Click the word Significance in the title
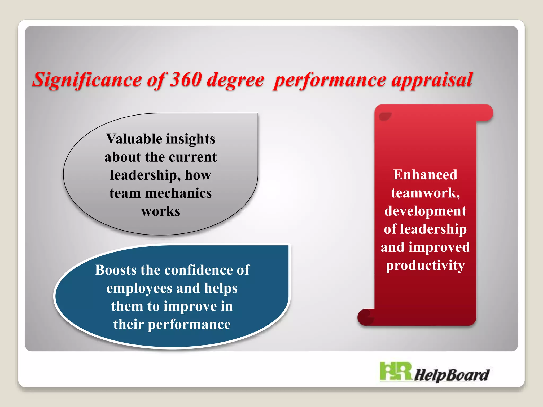tap(87, 79)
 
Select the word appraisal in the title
tap(432, 79)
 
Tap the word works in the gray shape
tap(160, 211)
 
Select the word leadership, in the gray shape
tap(145, 175)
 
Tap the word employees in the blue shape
tap(139, 289)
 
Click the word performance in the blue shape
tap(189, 324)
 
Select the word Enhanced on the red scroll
tap(425, 175)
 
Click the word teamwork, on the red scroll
tap(425, 193)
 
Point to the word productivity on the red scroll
tap(425, 265)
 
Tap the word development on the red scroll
tap(425, 211)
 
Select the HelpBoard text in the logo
tap(451, 375)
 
